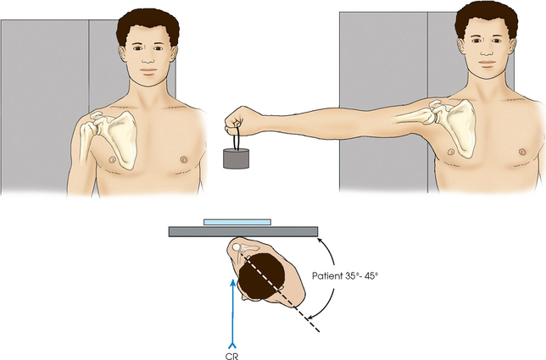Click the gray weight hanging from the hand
tap(236, 158)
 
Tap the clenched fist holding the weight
tap(240, 121)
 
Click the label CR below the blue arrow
tap(232, 356)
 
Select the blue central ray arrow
tap(232, 313)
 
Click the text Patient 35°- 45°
tap(345, 276)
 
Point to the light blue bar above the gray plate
tap(237, 222)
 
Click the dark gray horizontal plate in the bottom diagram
tap(243, 231)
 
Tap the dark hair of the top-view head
tap(261, 275)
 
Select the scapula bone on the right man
tap(455, 125)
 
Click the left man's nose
tap(148, 59)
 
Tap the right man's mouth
tap(487, 63)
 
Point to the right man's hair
tap(486, 18)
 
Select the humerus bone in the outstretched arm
tap(415, 116)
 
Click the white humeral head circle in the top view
tap(237, 247)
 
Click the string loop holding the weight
tap(237, 138)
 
